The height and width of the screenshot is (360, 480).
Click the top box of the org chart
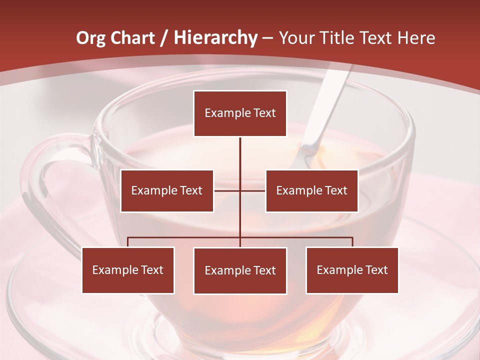pyautogui.click(x=240, y=113)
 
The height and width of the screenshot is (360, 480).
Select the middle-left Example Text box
pyautogui.click(x=167, y=190)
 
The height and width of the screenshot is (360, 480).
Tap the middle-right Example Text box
pyautogui.click(x=311, y=190)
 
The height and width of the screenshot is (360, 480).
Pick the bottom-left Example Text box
pyautogui.click(x=128, y=270)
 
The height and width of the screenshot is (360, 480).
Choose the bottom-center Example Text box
pyautogui.click(x=240, y=270)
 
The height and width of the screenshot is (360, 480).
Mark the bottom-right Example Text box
pyautogui.click(x=352, y=270)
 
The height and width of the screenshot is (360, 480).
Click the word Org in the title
pyautogui.click(x=90, y=38)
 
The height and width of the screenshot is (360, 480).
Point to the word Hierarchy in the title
pyautogui.click(x=215, y=38)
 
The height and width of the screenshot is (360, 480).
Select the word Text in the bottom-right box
pyautogui.click(x=376, y=270)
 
